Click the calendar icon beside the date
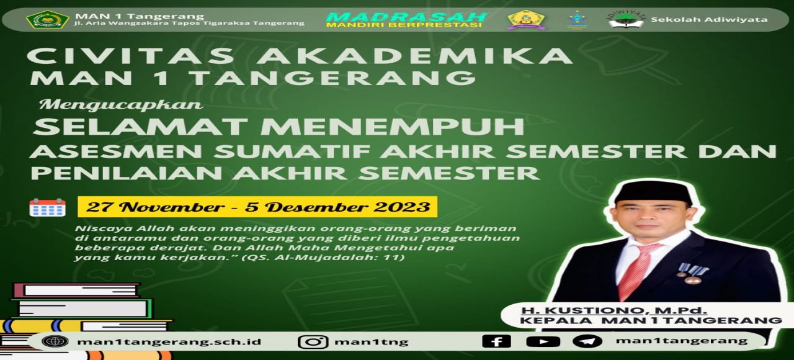(48, 207)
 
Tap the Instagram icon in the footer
(312, 341)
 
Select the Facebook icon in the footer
(496, 341)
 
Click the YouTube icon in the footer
(543, 341)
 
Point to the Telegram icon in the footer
(587, 341)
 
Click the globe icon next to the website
(55, 341)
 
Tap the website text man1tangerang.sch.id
(169, 342)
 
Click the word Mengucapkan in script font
(121, 106)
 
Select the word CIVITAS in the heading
(131, 56)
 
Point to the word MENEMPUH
(393, 127)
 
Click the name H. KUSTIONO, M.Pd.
(614, 311)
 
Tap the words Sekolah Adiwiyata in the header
(709, 19)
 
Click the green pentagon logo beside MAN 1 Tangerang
(48, 19)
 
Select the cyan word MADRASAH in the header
(406, 17)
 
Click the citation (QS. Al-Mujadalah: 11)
(323, 257)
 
